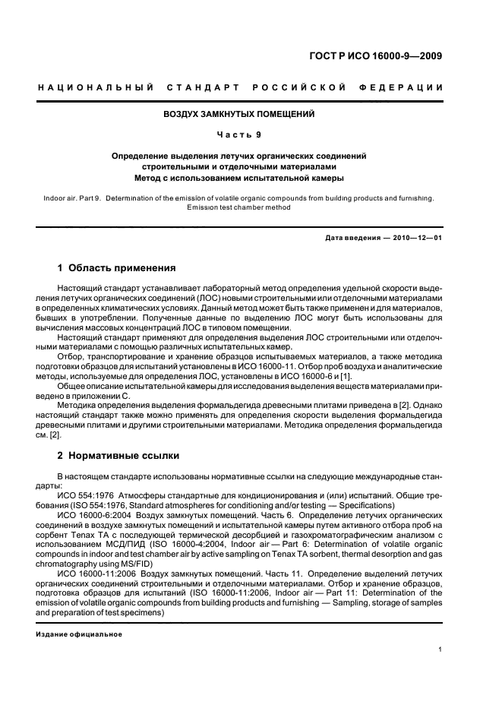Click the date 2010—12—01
(x=416, y=238)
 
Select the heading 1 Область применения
(x=118, y=268)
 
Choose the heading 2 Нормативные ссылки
(x=118, y=456)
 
